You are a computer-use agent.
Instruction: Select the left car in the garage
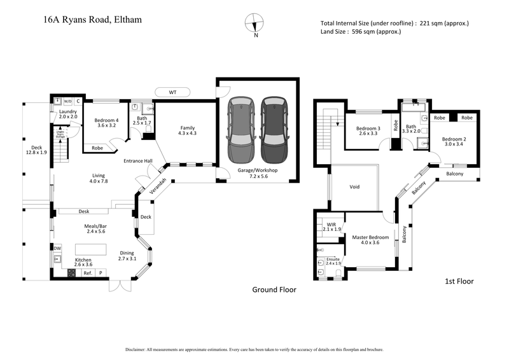[x=242, y=130]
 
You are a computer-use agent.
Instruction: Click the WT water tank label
[x=172, y=92]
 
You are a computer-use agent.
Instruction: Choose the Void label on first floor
[x=356, y=188]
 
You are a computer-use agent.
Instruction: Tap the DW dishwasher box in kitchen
[x=57, y=248]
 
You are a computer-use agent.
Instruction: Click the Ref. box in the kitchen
[x=88, y=273]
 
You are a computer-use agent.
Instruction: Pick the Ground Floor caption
[x=274, y=289]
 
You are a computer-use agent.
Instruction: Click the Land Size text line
[x=361, y=32]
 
